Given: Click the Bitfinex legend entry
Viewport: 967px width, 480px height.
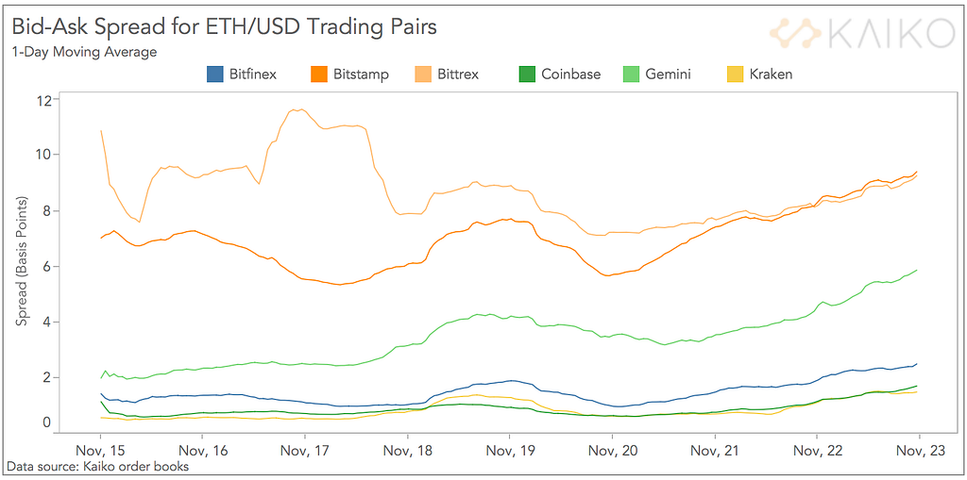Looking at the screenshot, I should click(x=242, y=74).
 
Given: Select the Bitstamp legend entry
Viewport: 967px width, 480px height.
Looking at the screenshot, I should click(x=348, y=74).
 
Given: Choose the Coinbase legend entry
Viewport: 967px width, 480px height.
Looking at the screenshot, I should click(x=560, y=74).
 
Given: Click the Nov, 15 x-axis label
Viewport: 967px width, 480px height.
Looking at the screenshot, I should click(x=100, y=451).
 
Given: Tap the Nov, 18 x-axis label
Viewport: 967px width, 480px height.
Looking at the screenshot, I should click(x=407, y=451).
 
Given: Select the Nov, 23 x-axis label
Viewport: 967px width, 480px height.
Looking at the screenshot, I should click(x=920, y=451).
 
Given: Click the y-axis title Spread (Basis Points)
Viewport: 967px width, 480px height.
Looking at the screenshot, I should click(x=22, y=262).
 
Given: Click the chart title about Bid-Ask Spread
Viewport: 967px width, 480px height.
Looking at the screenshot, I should click(x=225, y=26).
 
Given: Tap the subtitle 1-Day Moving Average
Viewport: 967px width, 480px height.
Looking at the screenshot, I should click(x=84, y=52).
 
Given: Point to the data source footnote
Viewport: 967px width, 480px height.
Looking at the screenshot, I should click(x=97, y=466).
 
